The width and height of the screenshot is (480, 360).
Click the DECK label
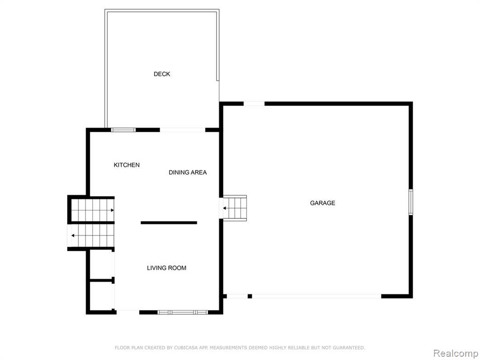tap(162, 74)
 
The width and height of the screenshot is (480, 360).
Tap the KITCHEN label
tap(127, 165)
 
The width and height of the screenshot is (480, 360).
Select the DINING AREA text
tap(187, 172)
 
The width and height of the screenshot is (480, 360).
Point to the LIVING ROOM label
tap(166, 268)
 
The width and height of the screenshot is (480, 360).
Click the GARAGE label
tap(322, 203)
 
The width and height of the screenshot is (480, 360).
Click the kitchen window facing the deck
tap(123, 130)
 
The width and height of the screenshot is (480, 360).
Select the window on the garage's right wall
tap(411, 202)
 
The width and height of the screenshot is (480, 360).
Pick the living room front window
tap(183, 312)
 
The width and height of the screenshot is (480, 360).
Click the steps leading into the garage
tap(235, 208)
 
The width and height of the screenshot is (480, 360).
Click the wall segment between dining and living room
tap(169, 223)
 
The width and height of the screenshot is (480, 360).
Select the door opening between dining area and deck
tap(182, 130)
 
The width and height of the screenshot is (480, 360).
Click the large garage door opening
tap(316, 296)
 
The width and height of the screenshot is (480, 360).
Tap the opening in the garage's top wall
tap(254, 104)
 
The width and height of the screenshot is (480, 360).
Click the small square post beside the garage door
tap(250, 296)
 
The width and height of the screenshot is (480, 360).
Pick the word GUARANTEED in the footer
tap(349, 348)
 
